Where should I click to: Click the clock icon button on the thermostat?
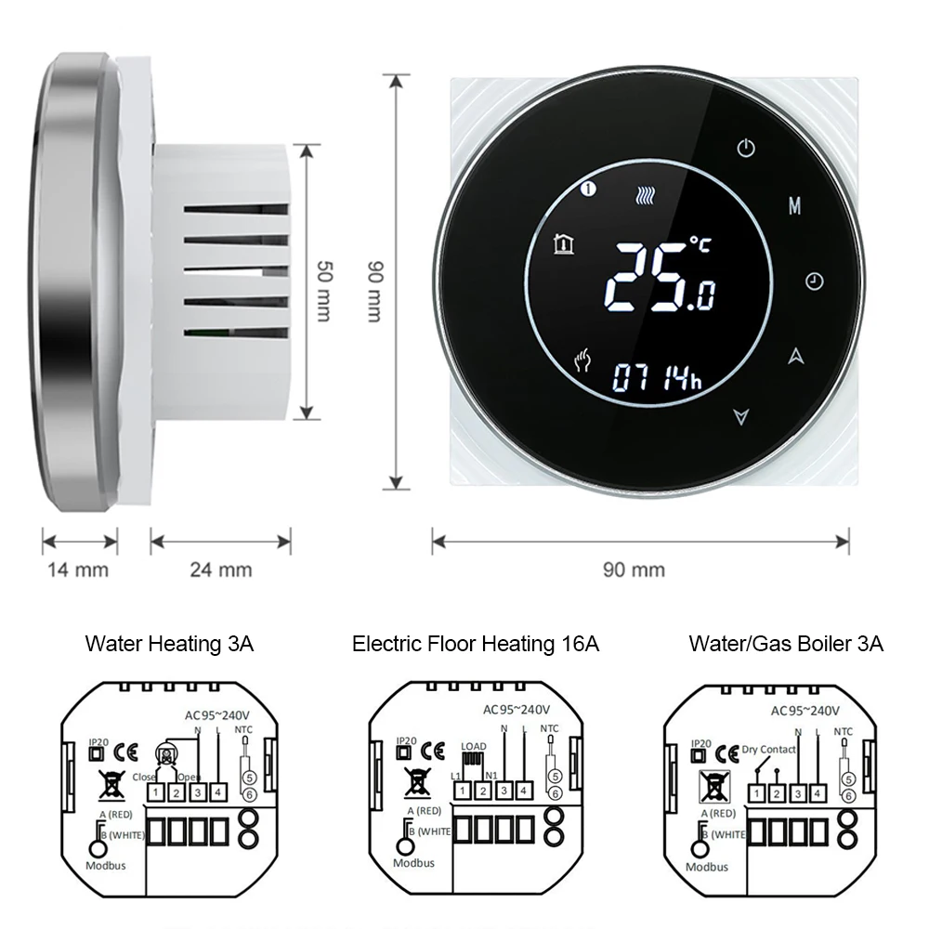[814, 281]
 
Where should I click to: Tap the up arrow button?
[794, 356]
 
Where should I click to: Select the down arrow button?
[741, 415]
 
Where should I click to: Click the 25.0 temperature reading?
[658, 280]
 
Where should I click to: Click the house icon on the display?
[560, 243]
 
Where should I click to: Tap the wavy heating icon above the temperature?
[644, 195]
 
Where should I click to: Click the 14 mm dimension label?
[78, 569]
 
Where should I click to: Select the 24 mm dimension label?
[220, 569]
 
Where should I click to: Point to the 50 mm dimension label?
[322, 288]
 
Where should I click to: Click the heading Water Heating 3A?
[169, 643]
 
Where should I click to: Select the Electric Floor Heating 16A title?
[476, 643]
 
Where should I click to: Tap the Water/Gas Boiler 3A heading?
[786, 643]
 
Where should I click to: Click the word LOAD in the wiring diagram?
[474, 745]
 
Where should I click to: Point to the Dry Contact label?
[769, 749]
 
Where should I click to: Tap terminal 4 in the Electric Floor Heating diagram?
[524, 792]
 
